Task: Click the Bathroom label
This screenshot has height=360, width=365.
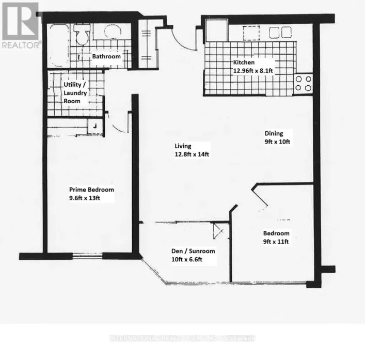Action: [106, 56]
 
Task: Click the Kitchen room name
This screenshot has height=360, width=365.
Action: [244, 64]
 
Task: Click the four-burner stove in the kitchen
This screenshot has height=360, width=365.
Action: [303, 84]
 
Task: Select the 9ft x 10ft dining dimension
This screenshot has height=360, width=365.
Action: [275, 142]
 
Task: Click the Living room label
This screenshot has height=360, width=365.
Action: [183, 146]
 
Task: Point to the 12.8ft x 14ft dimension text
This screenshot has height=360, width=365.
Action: [192, 155]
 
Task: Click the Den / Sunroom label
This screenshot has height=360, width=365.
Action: [193, 252]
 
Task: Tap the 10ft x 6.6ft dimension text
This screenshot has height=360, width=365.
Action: [187, 260]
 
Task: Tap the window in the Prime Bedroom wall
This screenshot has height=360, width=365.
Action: [87, 254]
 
